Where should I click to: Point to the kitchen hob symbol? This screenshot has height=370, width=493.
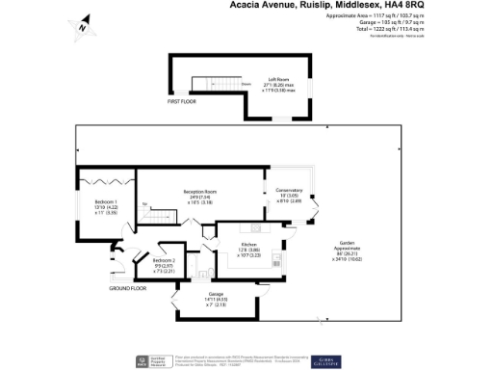(276, 258)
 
